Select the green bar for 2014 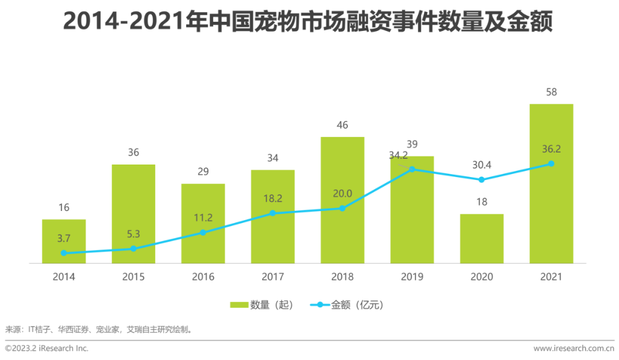64,241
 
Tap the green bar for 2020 481,238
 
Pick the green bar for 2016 203,224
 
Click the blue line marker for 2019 412,170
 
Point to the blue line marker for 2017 273,213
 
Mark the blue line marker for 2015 134,249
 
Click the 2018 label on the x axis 342,277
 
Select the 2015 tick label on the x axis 134,277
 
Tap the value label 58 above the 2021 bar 551,92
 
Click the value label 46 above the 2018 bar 342,126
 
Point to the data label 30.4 481,165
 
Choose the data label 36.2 550,149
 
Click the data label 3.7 64,238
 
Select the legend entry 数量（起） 262,305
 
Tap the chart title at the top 309,21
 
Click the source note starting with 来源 98,330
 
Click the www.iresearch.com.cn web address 573,348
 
